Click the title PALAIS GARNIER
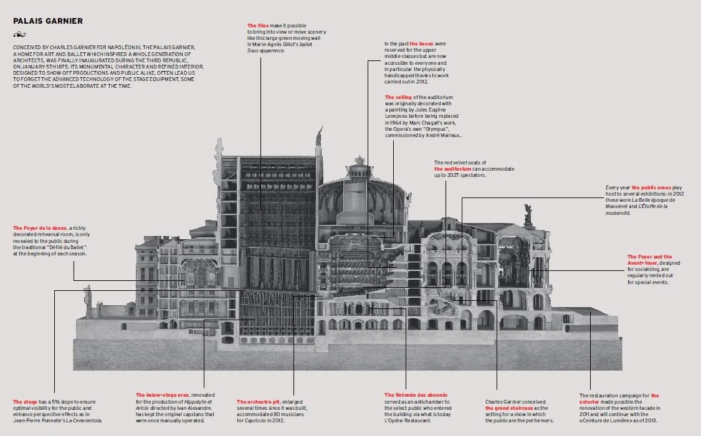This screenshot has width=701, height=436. coord(48,21)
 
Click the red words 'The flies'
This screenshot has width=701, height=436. coord(258,26)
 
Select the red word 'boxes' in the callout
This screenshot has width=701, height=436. coord(418,44)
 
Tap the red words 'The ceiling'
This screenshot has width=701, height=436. coord(398,97)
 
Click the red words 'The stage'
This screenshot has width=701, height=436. coord(25,402)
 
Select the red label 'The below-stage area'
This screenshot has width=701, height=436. coord(163,396)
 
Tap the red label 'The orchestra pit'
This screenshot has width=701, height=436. coord(257,402)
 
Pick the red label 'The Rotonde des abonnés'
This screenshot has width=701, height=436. coord(416,396)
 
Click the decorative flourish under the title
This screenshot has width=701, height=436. coord(21,34)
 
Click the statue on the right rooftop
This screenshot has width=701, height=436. coord(528,214)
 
